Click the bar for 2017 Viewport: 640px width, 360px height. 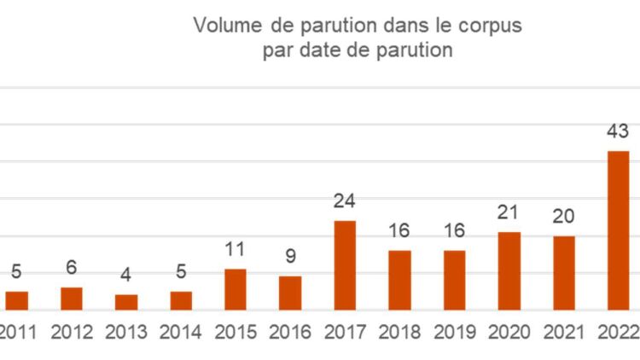click(345, 264)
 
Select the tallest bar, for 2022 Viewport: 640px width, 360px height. click(618, 230)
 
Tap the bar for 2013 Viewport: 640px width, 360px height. click(126, 301)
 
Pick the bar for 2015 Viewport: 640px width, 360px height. click(236, 288)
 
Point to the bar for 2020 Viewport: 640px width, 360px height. click(509, 270)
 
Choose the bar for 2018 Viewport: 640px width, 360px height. click(399, 279)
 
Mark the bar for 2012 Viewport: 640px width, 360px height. click(72, 298)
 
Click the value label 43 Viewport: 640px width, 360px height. click(618, 131)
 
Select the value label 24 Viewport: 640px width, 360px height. click(345, 201)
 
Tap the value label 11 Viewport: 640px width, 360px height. click(236, 250)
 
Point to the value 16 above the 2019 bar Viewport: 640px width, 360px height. click(454, 231)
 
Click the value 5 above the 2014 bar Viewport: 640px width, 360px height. click(181, 273)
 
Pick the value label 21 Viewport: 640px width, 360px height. click(509, 212)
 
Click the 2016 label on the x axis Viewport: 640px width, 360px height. click(290, 333)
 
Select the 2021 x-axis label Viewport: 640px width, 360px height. click(564, 333)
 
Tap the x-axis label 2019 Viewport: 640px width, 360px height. click(454, 333)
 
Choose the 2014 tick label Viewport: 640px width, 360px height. click(181, 333)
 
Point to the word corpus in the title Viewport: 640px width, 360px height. click(493, 26)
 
